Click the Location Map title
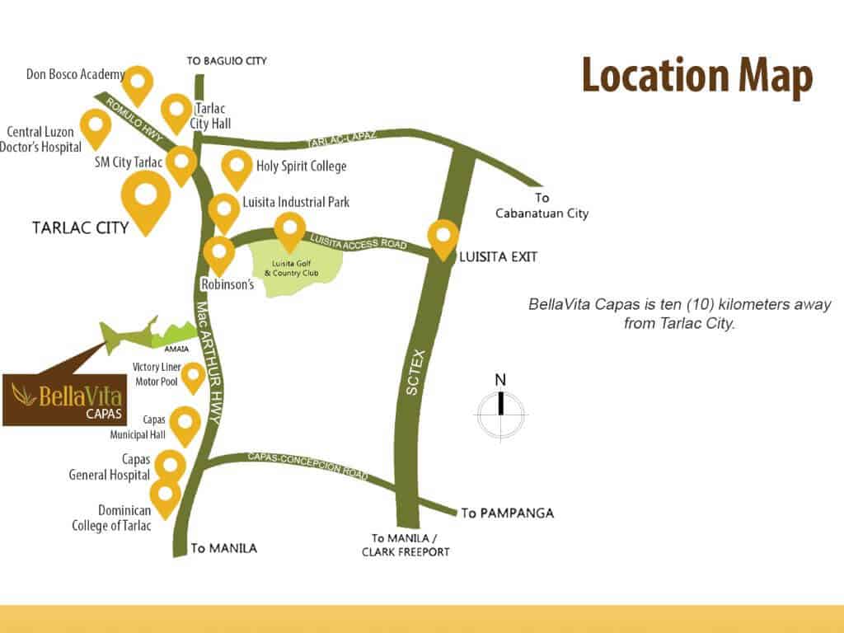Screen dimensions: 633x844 (x=697, y=77)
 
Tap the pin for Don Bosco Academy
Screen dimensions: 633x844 (x=138, y=82)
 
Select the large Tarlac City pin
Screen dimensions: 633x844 (x=146, y=198)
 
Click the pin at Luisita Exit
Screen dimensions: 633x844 (x=443, y=236)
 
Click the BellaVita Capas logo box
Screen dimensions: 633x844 (x=63, y=399)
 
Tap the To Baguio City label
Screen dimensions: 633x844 (x=227, y=61)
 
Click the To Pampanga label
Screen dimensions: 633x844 (x=507, y=513)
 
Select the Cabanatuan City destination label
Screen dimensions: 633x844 (x=542, y=206)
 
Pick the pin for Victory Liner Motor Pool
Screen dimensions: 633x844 (x=193, y=376)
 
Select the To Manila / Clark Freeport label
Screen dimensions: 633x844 (x=406, y=545)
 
